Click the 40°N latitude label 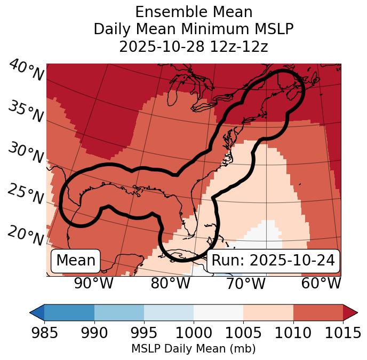26,70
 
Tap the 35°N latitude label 26,111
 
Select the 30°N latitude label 26,153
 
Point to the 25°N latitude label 26,194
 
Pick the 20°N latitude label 26,235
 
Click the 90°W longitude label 94,283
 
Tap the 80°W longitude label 170,283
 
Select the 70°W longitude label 246,283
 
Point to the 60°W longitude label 321,283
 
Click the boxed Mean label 76,261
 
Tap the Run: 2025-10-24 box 273,261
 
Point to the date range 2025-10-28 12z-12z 193,46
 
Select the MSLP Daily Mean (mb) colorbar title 193,349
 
